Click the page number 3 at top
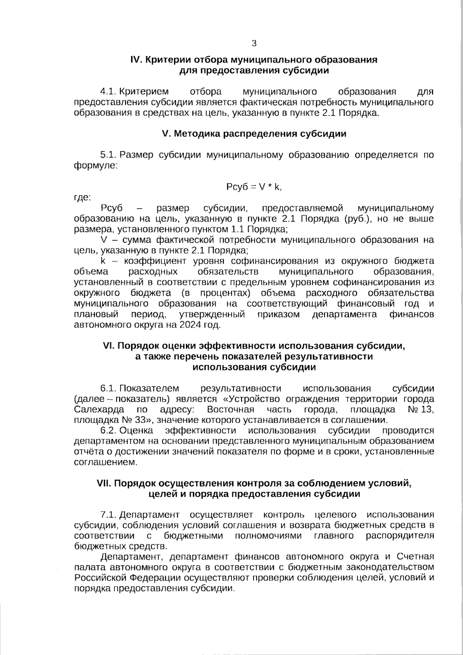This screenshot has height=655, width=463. tap(254, 43)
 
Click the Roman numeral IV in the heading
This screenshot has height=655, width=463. tap(137, 60)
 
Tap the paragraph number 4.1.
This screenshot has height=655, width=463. tap(108, 92)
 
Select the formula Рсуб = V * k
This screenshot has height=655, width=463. tap(254, 187)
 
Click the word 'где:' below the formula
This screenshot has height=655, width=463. tap(82, 198)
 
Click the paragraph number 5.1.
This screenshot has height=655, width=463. tap(108, 155)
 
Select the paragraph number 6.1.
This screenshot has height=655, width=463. tap(108, 388)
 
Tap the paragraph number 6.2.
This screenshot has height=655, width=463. tap(108, 430)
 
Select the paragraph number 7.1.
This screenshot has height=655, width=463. tap(108, 515)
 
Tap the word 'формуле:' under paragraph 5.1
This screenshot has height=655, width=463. tap(96, 166)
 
